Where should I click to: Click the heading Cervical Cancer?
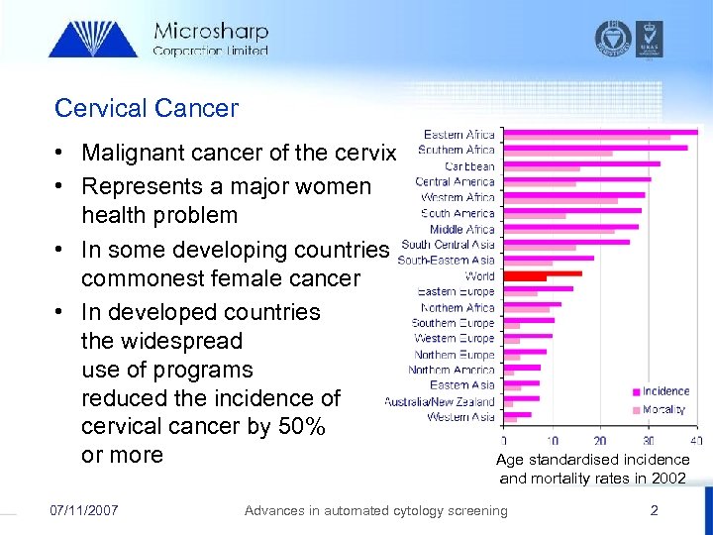pos(147,107)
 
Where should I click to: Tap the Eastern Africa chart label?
pos(459,135)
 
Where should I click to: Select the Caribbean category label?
pos(469,166)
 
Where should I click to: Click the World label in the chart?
pos(479,276)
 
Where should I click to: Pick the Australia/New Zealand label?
pos(440,401)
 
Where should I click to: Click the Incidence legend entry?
pos(665,391)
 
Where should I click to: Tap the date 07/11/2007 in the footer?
pos(84,510)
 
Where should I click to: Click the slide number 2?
pos(654,510)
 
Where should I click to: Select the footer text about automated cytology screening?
pos(375,510)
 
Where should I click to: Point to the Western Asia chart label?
pos(460,417)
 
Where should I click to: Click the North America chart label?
pos(452,370)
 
